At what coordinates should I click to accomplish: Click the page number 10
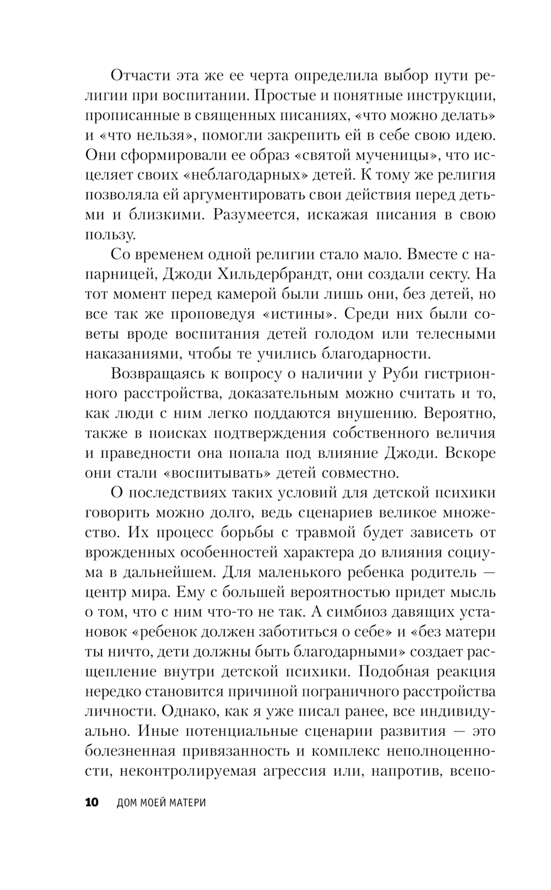point(91,802)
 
